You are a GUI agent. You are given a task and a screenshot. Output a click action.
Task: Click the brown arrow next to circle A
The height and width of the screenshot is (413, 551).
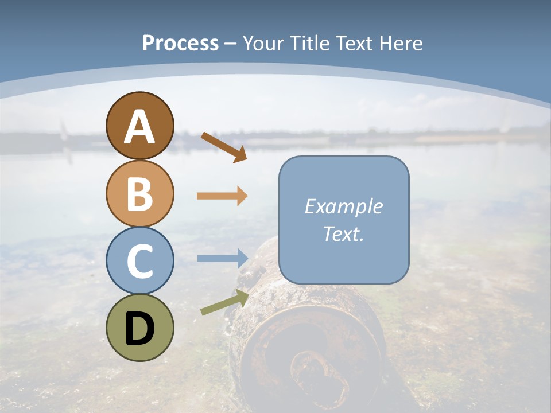pyautogui.click(x=224, y=147)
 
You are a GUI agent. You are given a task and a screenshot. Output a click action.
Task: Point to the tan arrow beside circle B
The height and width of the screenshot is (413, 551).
pyautogui.click(x=222, y=196)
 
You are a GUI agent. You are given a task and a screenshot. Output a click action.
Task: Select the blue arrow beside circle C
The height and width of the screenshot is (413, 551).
pyautogui.click(x=222, y=258)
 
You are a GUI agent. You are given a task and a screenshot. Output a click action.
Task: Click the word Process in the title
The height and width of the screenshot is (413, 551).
pyautogui.click(x=180, y=44)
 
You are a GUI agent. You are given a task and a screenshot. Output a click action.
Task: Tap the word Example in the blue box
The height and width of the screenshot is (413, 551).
pyautogui.click(x=343, y=206)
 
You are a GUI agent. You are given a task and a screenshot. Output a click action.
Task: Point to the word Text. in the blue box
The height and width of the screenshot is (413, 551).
pyautogui.click(x=343, y=233)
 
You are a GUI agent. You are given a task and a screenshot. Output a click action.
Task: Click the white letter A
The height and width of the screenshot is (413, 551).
pyautogui.click(x=140, y=127)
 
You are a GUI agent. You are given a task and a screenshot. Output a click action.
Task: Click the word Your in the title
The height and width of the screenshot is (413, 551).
pyautogui.click(x=262, y=44)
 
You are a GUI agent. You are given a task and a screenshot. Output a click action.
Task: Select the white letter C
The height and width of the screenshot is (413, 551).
pyautogui.click(x=140, y=261)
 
